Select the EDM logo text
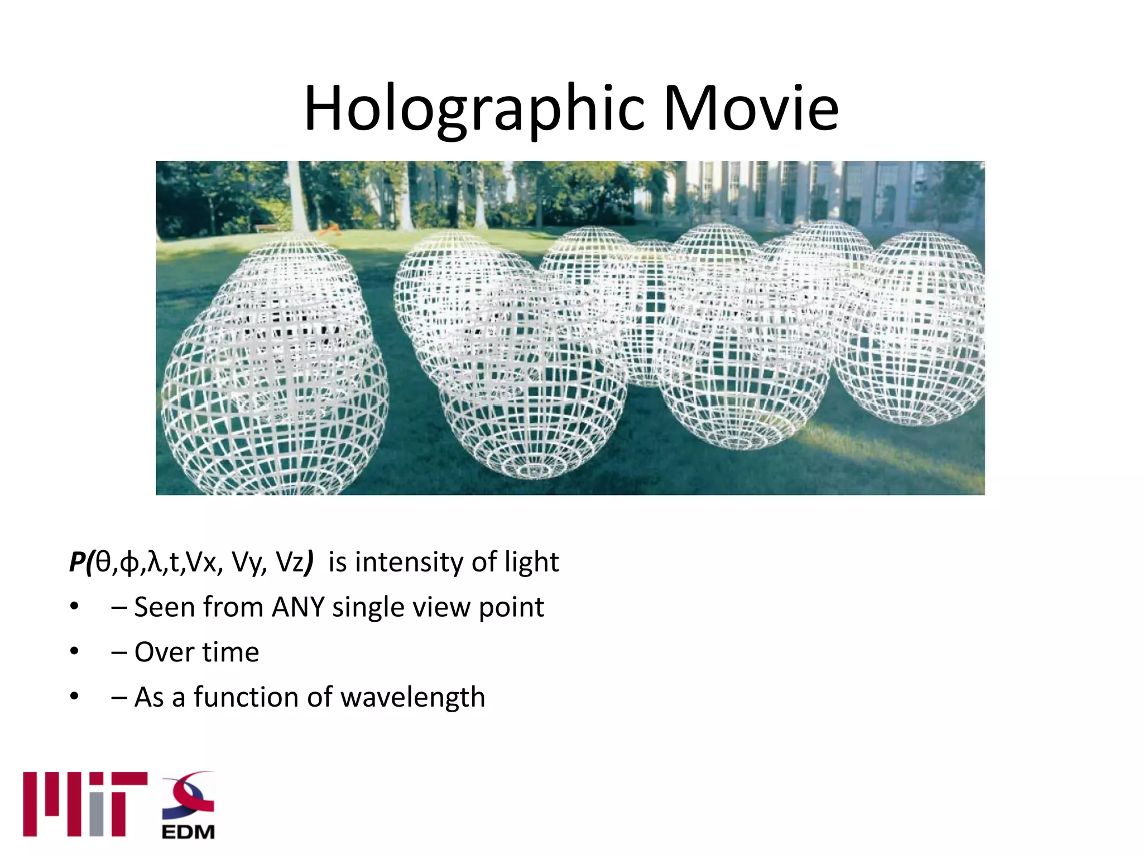[188, 832]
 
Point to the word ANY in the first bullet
[298, 607]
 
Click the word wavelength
[412, 697]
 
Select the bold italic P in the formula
[76, 562]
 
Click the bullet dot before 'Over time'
[74, 652]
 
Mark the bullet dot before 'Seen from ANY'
[74, 607]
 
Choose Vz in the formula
[291, 562]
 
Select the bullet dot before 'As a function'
[74, 697]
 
